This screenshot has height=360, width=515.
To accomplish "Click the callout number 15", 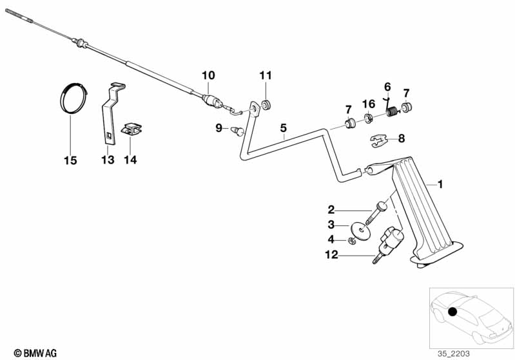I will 70,160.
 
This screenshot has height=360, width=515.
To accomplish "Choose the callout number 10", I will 208,75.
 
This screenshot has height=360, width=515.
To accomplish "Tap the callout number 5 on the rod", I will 283,128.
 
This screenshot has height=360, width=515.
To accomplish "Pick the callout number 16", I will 368,104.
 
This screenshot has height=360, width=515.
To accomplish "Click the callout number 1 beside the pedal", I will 440,185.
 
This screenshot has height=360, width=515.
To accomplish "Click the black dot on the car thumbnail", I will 452,312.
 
